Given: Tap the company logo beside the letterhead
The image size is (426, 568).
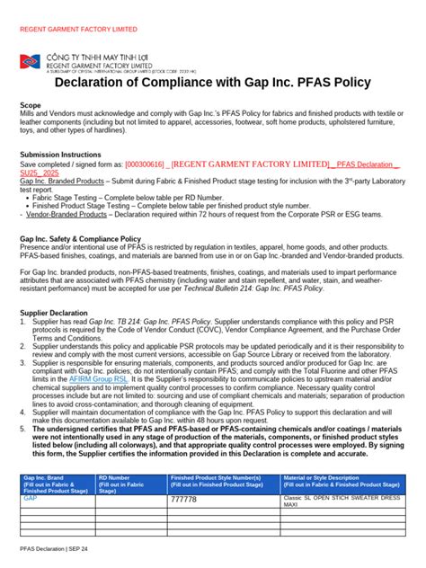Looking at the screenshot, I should pos(30,62).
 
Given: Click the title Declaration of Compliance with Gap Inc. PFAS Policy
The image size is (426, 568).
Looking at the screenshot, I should pos(212,84).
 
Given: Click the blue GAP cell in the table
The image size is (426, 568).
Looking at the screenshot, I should pos(31,497).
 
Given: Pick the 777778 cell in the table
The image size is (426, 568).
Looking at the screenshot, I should pos(183,500).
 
